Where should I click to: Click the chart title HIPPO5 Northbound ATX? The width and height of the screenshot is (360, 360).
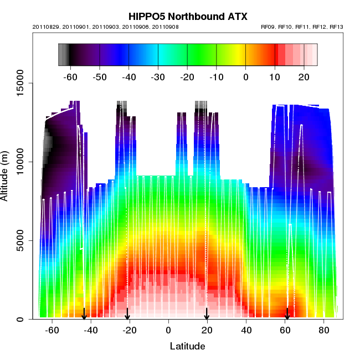[188, 17]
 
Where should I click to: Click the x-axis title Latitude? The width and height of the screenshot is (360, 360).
[187, 346]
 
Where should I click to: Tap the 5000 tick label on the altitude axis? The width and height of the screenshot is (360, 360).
[19, 240]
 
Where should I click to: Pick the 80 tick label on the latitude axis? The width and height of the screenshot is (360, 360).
[324, 331]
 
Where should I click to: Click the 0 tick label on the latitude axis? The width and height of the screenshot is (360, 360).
[168, 331]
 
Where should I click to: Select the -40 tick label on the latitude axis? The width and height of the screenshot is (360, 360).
[91, 331]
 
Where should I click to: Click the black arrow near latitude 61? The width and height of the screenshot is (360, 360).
[287, 314]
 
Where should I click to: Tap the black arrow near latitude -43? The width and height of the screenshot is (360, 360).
[84, 314]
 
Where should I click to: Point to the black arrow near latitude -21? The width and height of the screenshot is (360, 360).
[127, 314]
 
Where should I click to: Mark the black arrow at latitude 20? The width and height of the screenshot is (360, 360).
[207, 314]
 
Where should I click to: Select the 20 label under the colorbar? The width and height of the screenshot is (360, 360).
[304, 76]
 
